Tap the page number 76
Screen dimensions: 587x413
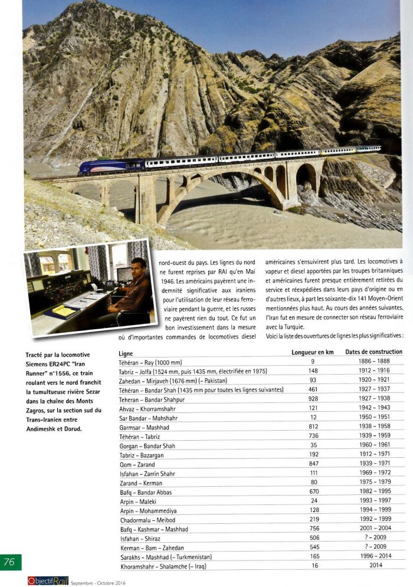(x=10, y=562)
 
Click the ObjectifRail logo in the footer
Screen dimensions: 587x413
(x=48, y=581)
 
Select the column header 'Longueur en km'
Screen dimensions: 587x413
(x=313, y=352)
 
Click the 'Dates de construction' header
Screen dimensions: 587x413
(x=374, y=352)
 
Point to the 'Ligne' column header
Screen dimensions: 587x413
(x=126, y=353)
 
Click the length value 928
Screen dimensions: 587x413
(x=313, y=399)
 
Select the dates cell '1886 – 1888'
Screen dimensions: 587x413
(x=374, y=362)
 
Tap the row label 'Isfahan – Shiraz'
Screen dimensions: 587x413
(x=142, y=539)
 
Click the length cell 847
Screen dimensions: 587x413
(x=313, y=464)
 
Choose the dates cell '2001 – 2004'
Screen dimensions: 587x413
(x=374, y=529)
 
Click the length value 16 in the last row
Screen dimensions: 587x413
(x=313, y=566)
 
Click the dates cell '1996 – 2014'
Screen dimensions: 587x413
(x=374, y=557)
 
